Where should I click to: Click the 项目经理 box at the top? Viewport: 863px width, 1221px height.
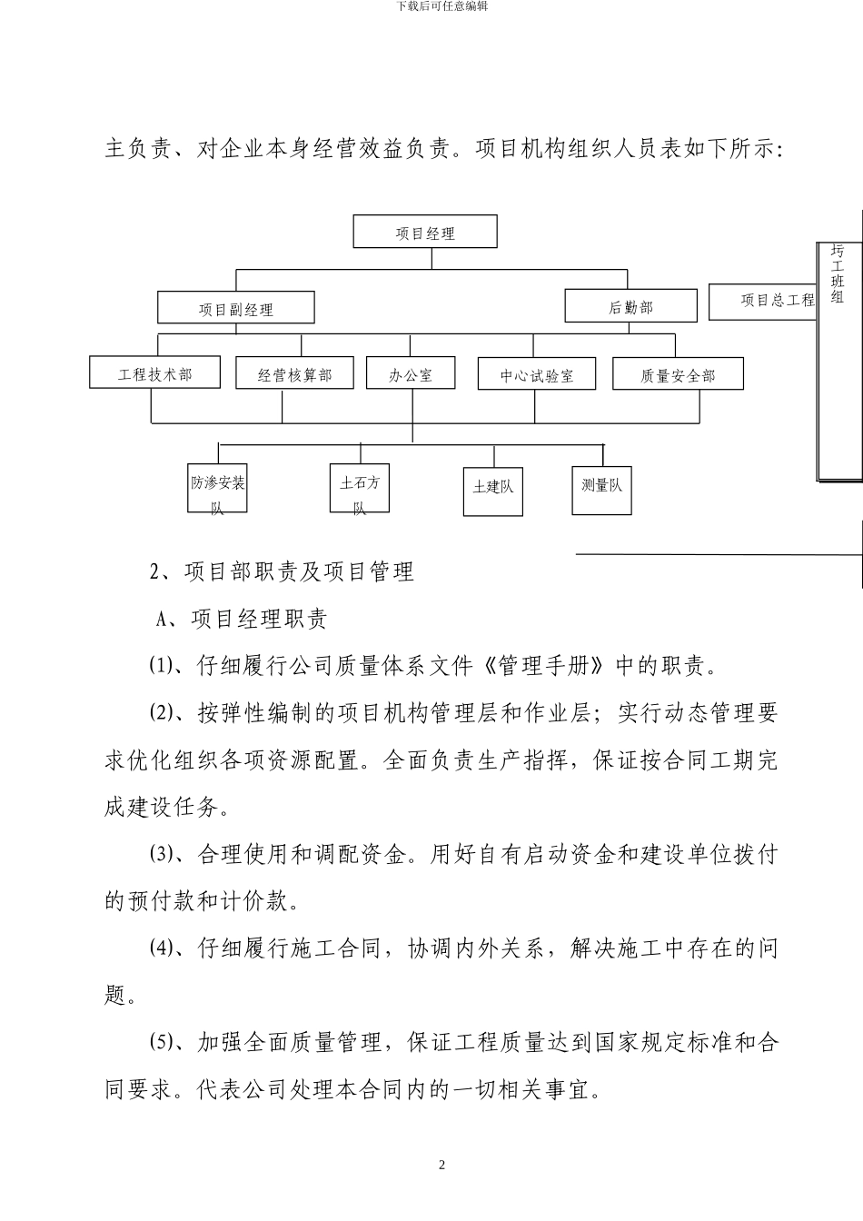click(x=425, y=233)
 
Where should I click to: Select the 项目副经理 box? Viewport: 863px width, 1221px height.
click(x=236, y=309)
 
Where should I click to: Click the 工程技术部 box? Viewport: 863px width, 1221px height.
click(x=155, y=373)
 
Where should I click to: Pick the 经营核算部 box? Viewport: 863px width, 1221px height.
click(x=295, y=374)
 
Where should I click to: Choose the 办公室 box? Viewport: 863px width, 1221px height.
click(x=411, y=374)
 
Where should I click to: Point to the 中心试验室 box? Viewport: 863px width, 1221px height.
click(x=537, y=374)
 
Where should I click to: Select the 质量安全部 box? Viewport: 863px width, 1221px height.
click(x=678, y=374)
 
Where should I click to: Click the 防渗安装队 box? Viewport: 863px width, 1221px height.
click(x=218, y=491)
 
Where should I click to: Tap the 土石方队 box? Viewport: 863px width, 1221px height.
click(x=360, y=491)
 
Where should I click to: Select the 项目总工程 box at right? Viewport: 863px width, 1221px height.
click(x=763, y=301)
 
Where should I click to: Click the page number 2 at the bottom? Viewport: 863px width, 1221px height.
click(x=441, y=1165)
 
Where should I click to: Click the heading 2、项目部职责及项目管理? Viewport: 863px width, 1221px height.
click(x=282, y=571)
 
